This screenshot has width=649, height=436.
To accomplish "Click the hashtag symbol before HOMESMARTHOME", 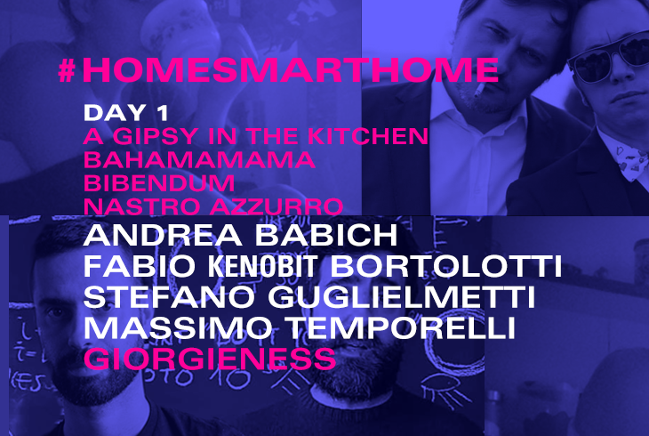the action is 67,70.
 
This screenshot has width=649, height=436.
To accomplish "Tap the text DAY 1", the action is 126,113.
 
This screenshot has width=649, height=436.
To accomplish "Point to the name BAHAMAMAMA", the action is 199,159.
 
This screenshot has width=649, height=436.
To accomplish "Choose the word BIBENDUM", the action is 159,182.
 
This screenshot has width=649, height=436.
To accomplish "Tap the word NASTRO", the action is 143,206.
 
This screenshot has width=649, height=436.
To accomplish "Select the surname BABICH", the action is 326,235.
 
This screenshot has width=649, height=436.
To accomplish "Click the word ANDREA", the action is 163,235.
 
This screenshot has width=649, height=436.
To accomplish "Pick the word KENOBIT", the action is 263,266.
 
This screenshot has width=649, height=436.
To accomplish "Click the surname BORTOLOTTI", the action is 445,266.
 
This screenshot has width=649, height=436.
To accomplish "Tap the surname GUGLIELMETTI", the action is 402,296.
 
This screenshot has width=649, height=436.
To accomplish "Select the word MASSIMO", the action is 178,327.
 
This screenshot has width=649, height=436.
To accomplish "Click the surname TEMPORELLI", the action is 402,327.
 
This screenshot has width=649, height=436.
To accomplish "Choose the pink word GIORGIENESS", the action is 210,359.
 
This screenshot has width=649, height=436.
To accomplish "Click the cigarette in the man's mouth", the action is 479,89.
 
